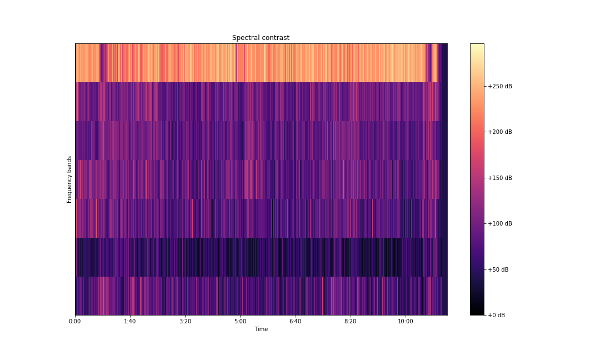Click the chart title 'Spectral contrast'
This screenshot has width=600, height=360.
click(x=261, y=38)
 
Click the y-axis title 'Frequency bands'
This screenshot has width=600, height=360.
click(x=69, y=179)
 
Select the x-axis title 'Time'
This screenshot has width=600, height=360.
click(x=261, y=329)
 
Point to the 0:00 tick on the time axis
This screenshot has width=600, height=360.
click(x=75, y=321)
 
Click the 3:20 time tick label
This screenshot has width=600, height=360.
click(x=185, y=321)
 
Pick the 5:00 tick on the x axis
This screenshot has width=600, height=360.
click(x=240, y=321)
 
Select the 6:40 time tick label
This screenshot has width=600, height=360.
click(x=295, y=321)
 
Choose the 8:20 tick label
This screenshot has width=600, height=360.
click(x=350, y=321)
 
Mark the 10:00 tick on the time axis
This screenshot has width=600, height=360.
click(x=405, y=321)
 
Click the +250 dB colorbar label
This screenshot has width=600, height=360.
click(x=500, y=86)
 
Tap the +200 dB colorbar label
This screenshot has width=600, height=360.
click(x=500, y=132)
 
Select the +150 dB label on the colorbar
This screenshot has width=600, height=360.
click(x=500, y=178)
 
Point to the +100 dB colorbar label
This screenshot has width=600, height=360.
click(x=500, y=223)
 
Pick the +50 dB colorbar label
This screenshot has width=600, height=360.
click(x=498, y=269)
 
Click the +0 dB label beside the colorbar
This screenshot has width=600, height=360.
click(x=497, y=315)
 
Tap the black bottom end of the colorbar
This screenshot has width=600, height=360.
click(x=477, y=313)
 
